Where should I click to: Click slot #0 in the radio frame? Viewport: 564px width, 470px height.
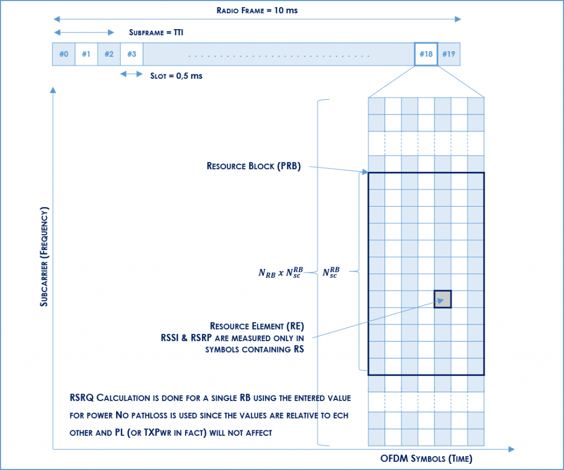click(63, 54)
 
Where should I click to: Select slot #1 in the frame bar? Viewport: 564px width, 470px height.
click(86, 54)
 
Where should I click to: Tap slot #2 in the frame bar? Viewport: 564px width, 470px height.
click(109, 54)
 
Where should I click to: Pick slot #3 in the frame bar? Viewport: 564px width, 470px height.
click(132, 54)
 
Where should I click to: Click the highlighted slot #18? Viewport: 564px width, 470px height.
click(426, 54)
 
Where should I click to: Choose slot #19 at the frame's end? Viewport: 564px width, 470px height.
click(449, 54)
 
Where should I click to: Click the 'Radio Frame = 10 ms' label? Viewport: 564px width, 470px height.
click(257, 10)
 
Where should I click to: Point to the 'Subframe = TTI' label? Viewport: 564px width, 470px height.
click(156, 33)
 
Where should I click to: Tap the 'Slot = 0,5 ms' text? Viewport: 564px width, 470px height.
click(176, 75)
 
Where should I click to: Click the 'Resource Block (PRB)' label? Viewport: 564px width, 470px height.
click(253, 166)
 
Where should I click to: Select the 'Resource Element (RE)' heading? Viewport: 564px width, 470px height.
click(257, 326)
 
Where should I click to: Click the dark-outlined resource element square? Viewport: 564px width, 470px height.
click(443, 299)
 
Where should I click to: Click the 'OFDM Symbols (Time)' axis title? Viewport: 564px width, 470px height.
click(426, 458)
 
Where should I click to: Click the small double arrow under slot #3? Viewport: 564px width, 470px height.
click(132, 74)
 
